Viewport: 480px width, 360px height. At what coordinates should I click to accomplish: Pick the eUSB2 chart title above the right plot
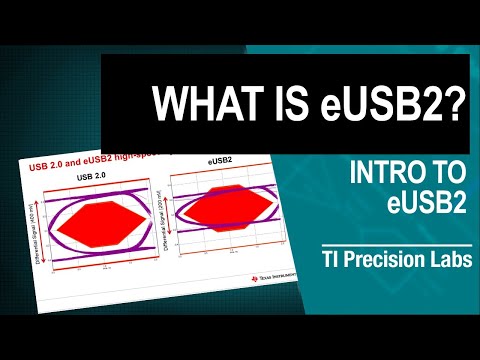pyautogui.click(x=219, y=161)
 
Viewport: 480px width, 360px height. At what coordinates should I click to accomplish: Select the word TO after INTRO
pyautogui.click(x=449, y=172)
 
